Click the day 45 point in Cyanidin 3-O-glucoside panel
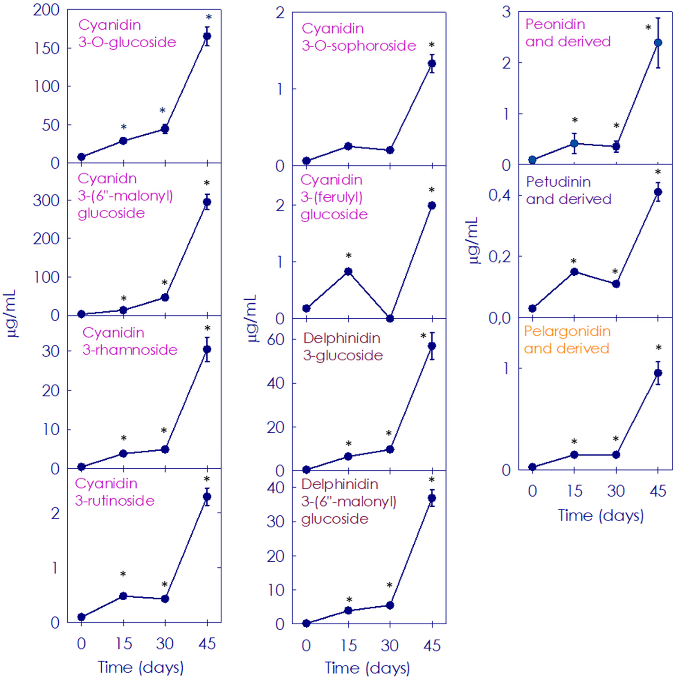(x=207, y=36)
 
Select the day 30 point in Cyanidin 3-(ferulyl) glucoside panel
(x=390, y=319)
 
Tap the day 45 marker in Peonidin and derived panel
(x=658, y=43)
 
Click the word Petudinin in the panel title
(x=558, y=182)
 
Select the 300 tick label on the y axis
(x=46, y=201)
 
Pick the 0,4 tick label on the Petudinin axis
(x=499, y=195)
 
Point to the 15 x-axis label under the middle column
(x=348, y=645)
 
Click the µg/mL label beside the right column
(x=473, y=240)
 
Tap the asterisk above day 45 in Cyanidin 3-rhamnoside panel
(x=207, y=328)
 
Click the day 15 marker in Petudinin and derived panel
(x=574, y=271)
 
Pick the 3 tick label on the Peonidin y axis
(x=506, y=12)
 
